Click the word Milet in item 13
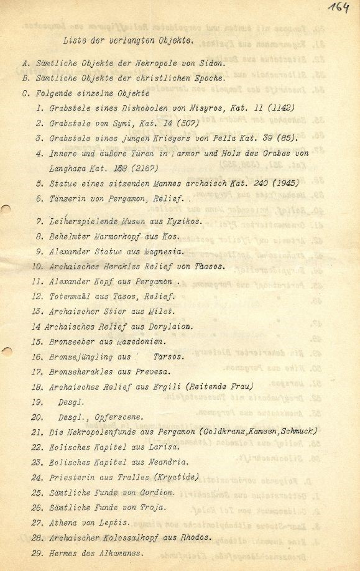162,311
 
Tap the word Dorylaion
170,326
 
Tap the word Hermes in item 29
65,552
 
